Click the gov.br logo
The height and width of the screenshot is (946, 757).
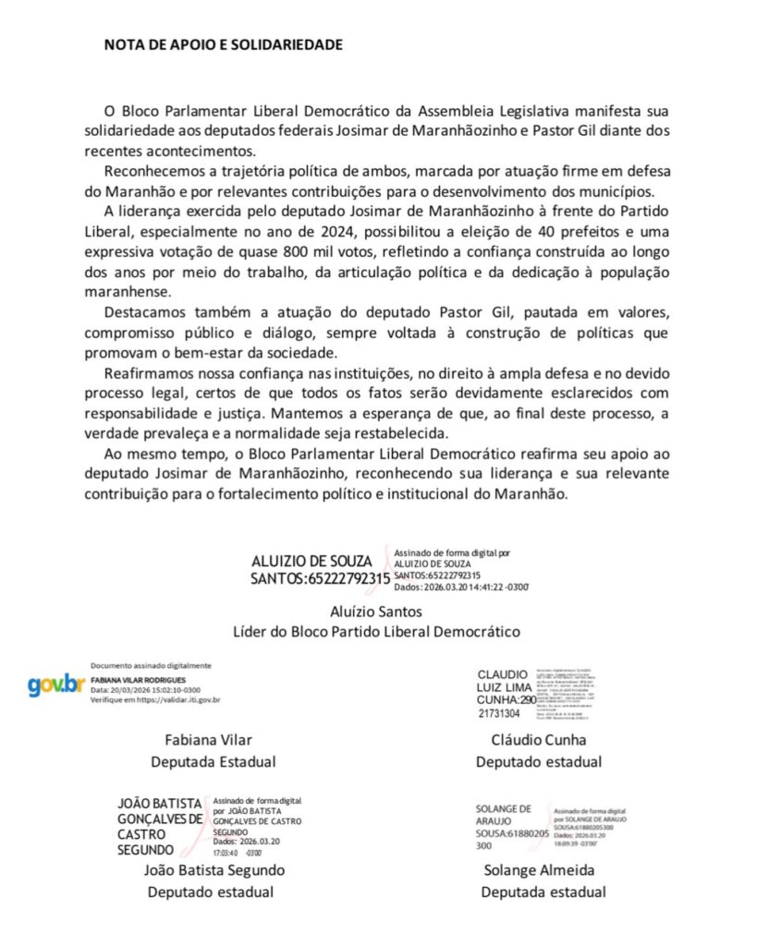(56, 685)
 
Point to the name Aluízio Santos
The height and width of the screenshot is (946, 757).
(375, 612)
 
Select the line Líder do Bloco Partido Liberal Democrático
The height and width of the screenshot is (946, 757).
(375, 632)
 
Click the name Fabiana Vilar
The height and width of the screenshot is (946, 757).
(208, 740)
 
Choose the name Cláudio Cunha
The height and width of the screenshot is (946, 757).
(539, 740)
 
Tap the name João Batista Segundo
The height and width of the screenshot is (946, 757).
(214, 870)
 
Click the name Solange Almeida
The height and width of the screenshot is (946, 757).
(539, 870)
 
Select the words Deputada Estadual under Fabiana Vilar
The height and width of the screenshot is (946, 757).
(214, 762)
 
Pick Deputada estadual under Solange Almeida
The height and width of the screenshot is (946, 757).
(543, 892)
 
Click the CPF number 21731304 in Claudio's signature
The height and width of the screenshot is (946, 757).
(499, 713)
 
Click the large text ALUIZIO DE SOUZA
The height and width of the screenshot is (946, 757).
(311, 562)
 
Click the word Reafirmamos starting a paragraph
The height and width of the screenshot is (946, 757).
(152, 373)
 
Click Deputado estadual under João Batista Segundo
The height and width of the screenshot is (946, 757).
(211, 892)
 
